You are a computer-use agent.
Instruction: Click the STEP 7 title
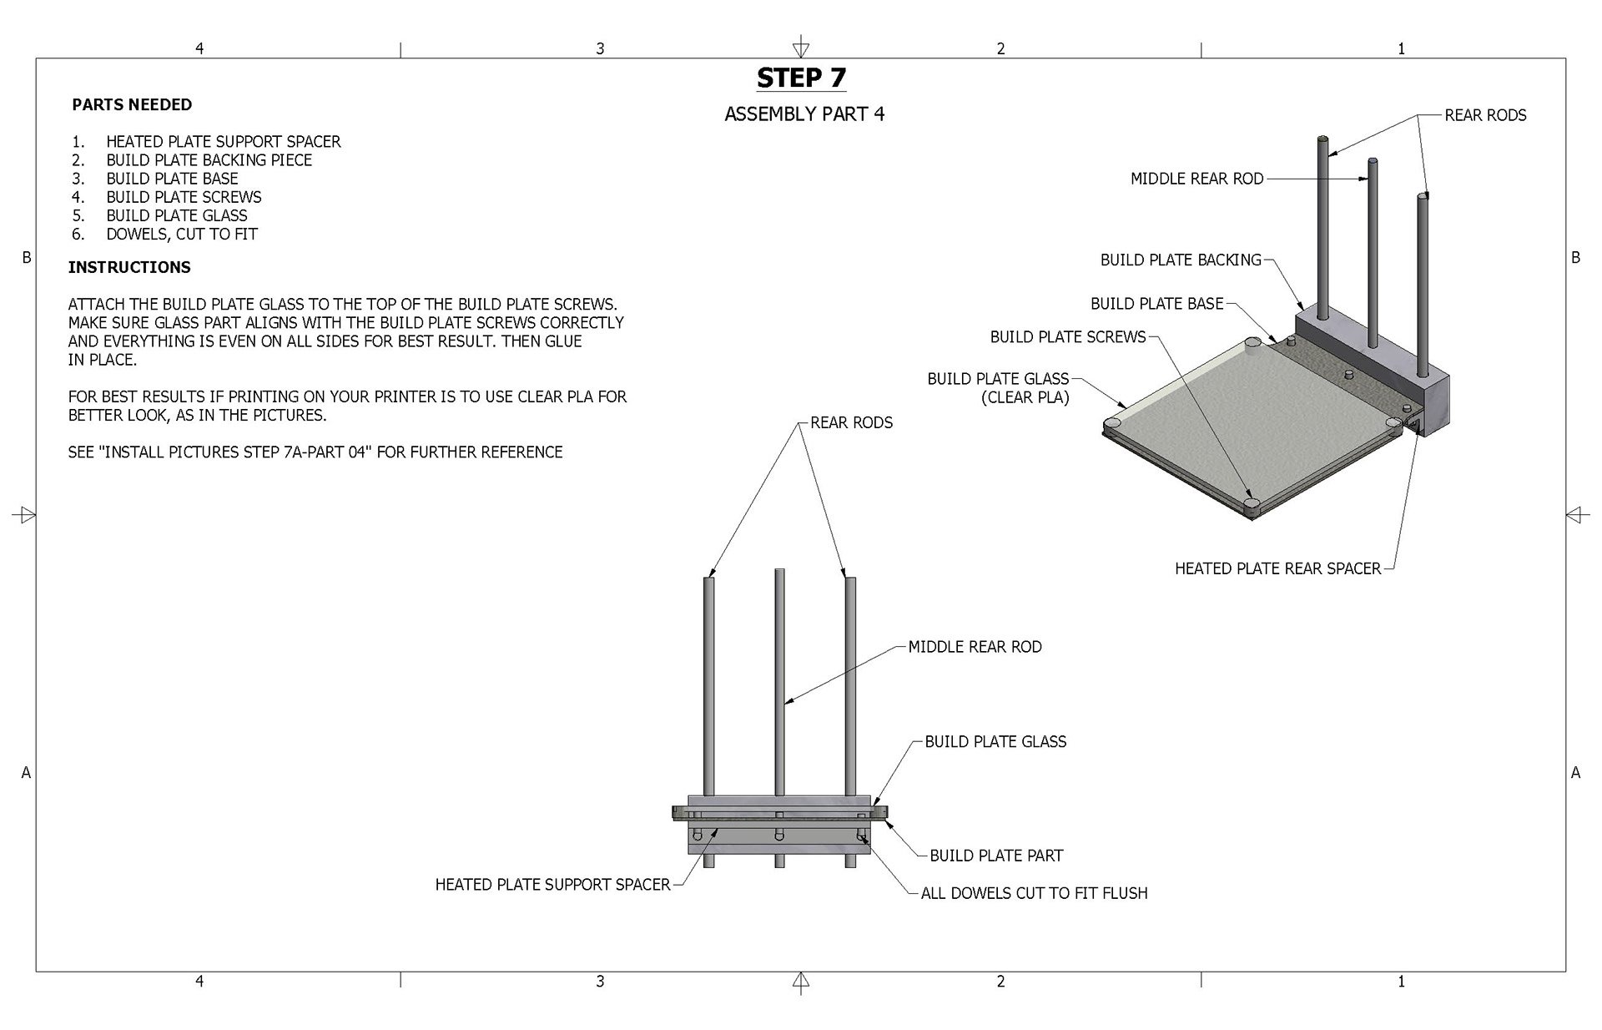pos(801,78)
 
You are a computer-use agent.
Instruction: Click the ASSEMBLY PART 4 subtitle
pos(804,114)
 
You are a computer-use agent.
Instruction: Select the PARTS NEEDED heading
pos(132,104)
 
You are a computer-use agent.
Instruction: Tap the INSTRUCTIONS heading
pos(129,267)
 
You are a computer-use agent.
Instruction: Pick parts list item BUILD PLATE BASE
pos(172,179)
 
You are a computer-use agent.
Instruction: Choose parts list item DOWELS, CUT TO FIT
pos(181,234)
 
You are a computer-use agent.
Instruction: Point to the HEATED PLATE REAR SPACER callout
pos(1277,568)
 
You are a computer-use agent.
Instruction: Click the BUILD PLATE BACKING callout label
pos(1180,260)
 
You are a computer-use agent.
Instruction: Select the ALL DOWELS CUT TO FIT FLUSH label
pos(1034,893)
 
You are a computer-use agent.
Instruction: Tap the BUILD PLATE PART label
pos(996,856)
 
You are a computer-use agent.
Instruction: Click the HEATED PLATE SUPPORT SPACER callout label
pos(552,885)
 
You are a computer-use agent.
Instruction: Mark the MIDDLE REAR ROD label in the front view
pos(975,647)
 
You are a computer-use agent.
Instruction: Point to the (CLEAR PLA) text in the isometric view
pos(1025,397)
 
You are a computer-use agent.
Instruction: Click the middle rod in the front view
pos(779,684)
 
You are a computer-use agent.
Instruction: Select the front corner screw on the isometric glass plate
pos(1251,505)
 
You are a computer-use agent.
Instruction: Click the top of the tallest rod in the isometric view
pos(1322,139)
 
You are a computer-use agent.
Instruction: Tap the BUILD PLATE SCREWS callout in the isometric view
pos(1067,337)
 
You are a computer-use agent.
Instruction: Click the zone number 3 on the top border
pos(600,48)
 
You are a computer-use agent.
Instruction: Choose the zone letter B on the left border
pos(26,258)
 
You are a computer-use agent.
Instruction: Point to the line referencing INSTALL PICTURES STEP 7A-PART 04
pos(315,452)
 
